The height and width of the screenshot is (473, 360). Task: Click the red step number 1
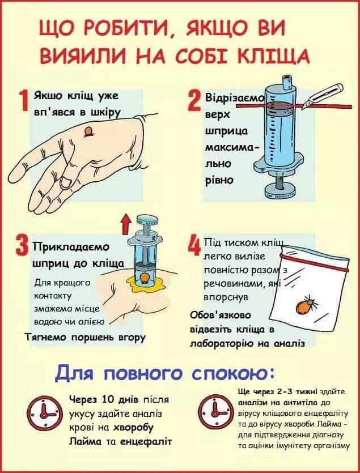[x=24, y=100]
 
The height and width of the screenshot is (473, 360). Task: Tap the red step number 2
[x=194, y=100]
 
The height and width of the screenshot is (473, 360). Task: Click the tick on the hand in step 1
[x=88, y=132]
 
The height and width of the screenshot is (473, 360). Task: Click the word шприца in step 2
[x=226, y=130]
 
